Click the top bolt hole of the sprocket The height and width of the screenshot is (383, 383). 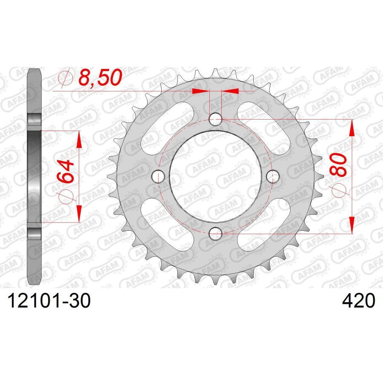216,119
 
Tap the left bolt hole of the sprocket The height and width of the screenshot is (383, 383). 159,175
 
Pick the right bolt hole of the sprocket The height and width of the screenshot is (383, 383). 273,175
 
